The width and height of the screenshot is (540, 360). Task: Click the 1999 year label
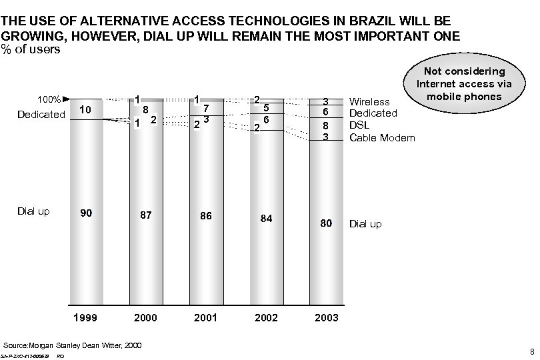tap(85, 318)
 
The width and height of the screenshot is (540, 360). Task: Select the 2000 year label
tap(145, 318)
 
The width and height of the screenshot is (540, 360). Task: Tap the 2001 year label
tap(205, 318)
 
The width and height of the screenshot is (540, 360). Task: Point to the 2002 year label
tap(266, 318)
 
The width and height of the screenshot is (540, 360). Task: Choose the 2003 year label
tap(327, 318)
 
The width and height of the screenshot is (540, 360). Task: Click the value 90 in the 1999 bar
tap(85, 213)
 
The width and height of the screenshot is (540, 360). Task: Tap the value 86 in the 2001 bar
tap(205, 216)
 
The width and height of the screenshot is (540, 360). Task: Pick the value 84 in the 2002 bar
tap(266, 219)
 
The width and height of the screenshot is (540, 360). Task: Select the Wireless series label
tap(370, 102)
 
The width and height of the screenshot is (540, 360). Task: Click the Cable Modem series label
tap(382, 138)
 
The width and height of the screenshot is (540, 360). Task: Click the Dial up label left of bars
tap(33, 211)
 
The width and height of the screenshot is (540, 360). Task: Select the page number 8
tap(531, 351)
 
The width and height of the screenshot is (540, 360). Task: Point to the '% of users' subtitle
tap(31, 49)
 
